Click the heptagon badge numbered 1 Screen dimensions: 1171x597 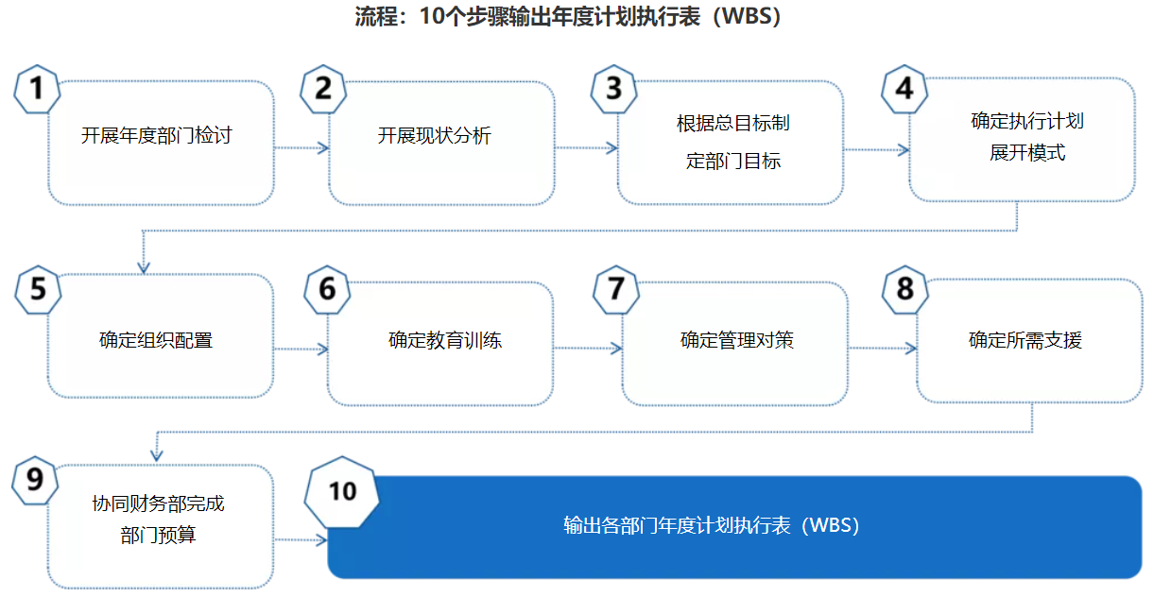click(x=37, y=90)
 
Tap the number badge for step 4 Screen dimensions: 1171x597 click(x=904, y=90)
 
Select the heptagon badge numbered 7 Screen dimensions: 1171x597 click(x=616, y=290)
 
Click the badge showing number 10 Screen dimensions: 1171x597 click(x=342, y=492)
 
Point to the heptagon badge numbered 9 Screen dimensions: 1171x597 click(x=35, y=481)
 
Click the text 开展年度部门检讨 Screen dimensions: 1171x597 click(x=156, y=136)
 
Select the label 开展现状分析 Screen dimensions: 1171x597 click(x=435, y=136)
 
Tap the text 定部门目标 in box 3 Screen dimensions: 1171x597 click(x=733, y=161)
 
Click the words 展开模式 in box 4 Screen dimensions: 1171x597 click(x=1027, y=153)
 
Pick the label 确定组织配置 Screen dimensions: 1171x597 click(x=156, y=340)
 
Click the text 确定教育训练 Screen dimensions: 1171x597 click(x=445, y=340)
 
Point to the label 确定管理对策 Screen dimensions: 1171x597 click(x=737, y=340)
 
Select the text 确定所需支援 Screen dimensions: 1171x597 click(x=1025, y=340)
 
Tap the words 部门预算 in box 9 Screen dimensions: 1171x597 click(x=158, y=536)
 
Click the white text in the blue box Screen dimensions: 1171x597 click(x=712, y=525)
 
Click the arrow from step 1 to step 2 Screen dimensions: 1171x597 click(x=301, y=147)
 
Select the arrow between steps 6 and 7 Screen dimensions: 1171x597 click(x=588, y=348)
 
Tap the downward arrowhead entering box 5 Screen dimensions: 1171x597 click(x=144, y=267)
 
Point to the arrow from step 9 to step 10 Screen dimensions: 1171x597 click(x=301, y=539)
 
